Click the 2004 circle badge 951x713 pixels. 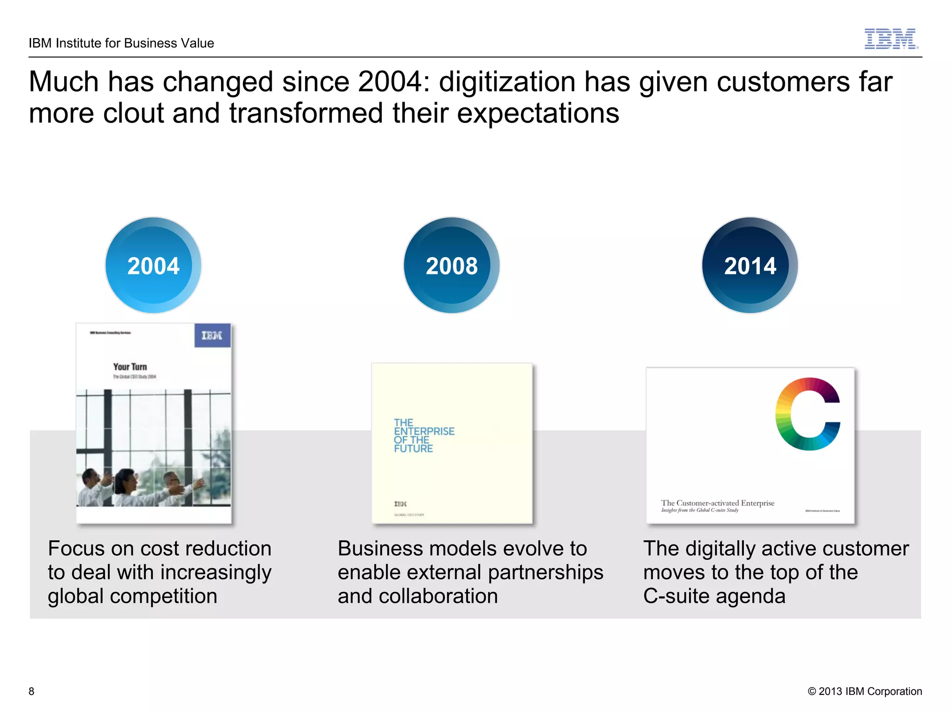tap(153, 266)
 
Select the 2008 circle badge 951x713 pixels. tap(451, 266)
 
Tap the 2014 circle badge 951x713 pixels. tap(750, 266)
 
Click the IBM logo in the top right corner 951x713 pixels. tap(891, 39)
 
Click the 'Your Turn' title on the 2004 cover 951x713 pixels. tap(130, 367)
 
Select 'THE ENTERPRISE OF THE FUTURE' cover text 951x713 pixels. tap(423, 435)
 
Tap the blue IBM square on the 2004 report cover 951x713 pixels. tap(212, 335)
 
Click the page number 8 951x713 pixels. tap(32, 691)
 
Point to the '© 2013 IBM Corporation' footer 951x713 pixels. tap(865, 691)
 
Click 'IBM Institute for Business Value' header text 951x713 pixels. tap(121, 43)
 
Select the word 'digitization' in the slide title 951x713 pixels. tap(508, 82)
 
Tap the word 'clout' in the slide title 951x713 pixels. tap(133, 113)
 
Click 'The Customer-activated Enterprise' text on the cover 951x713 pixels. tap(717, 503)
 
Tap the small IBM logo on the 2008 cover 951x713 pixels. tap(400, 504)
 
